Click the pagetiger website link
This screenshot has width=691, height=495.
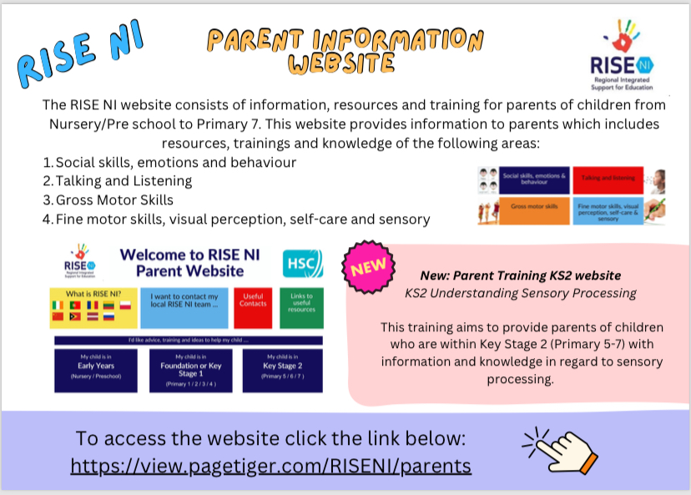271,465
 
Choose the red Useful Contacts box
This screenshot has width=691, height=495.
252,306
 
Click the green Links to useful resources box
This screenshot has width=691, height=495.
300,306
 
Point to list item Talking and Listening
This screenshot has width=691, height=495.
124,180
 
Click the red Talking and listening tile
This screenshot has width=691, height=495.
609,179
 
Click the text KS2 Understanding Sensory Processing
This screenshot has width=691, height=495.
521,293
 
